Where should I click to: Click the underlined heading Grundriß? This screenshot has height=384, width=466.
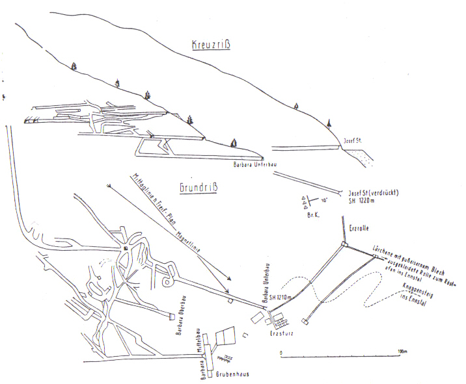point(199,188)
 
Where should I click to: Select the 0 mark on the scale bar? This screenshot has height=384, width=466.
point(281,352)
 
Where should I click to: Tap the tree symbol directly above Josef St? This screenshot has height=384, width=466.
point(329,122)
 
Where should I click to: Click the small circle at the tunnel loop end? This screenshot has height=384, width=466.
point(168,283)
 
